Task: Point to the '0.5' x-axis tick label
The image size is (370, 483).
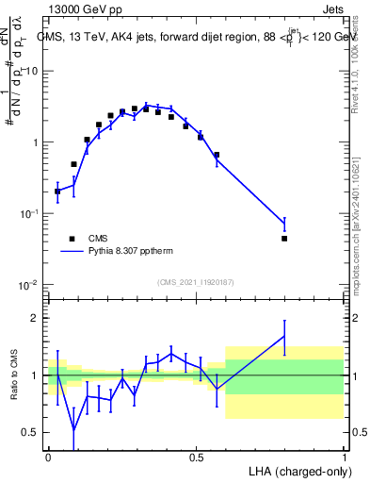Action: pyautogui.click(x=196, y=456)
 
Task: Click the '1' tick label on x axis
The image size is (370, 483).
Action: pyautogui.click(x=345, y=456)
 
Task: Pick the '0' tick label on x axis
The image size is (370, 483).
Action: pyautogui.click(x=48, y=456)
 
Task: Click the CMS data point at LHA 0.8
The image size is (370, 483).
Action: pyautogui.click(x=284, y=239)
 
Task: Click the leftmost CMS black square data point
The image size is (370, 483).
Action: pyautogui.click(x=57, y=192)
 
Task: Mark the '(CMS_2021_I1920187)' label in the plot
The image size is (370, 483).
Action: pyautogui.click(x=195, y=282)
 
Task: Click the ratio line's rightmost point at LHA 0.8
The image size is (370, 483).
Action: pyautogui.click(x=284, y=336)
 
